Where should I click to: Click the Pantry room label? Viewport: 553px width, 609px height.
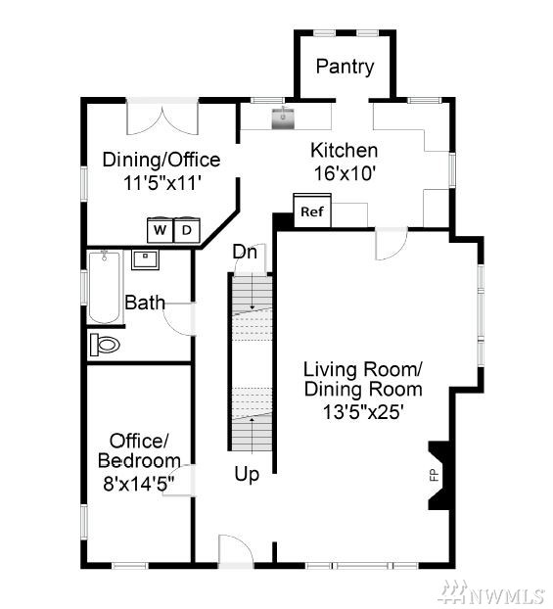coord(345,67)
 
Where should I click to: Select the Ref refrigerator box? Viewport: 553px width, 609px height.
coord(312,211)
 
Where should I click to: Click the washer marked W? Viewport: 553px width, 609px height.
coord(160,230)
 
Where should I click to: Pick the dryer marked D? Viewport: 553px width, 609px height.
coord(187,230)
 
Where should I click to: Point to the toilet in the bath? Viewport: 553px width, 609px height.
coord(105,345)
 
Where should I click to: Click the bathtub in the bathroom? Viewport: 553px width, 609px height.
coord(105,288)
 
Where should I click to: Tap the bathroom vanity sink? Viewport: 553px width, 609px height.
coord(145,259)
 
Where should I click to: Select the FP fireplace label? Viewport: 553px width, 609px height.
coord(434,475)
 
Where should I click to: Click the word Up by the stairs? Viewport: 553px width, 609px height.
coord(247,475)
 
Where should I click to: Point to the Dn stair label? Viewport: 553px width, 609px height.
coord(245,252)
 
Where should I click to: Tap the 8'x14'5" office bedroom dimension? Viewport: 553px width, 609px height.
coord(139,484)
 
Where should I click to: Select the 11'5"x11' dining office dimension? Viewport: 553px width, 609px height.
coord(161,183)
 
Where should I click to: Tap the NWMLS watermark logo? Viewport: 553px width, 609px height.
coord(492,593)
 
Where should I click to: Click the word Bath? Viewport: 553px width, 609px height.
coord(145,303)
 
